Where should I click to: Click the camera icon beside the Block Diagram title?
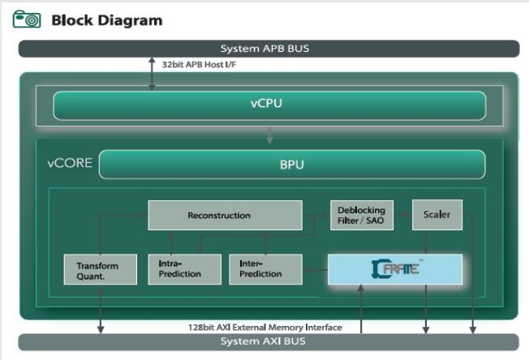[x=27, y=19]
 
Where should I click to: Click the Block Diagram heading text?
[x=106, y=19]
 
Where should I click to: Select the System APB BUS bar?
[x=264, y=49]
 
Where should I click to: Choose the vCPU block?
[x=269, y=105]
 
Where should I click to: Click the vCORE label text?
[x=69, y=163]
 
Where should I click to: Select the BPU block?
[x=291, y=164]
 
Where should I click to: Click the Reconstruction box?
[x=224, y=216]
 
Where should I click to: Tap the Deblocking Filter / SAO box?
[x=361, y=215]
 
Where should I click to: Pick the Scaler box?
[x=437, y=215]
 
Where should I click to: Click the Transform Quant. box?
[x=97, y=270]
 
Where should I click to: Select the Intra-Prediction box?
[x=183, y=269]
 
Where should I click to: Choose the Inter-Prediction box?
[x=265, y=269]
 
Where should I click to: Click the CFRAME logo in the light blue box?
[x=395, y=268]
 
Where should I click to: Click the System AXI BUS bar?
[x=264, y=341]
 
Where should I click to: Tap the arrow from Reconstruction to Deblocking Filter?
[x=316, y=216]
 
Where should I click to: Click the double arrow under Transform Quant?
[x=101, y=309]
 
